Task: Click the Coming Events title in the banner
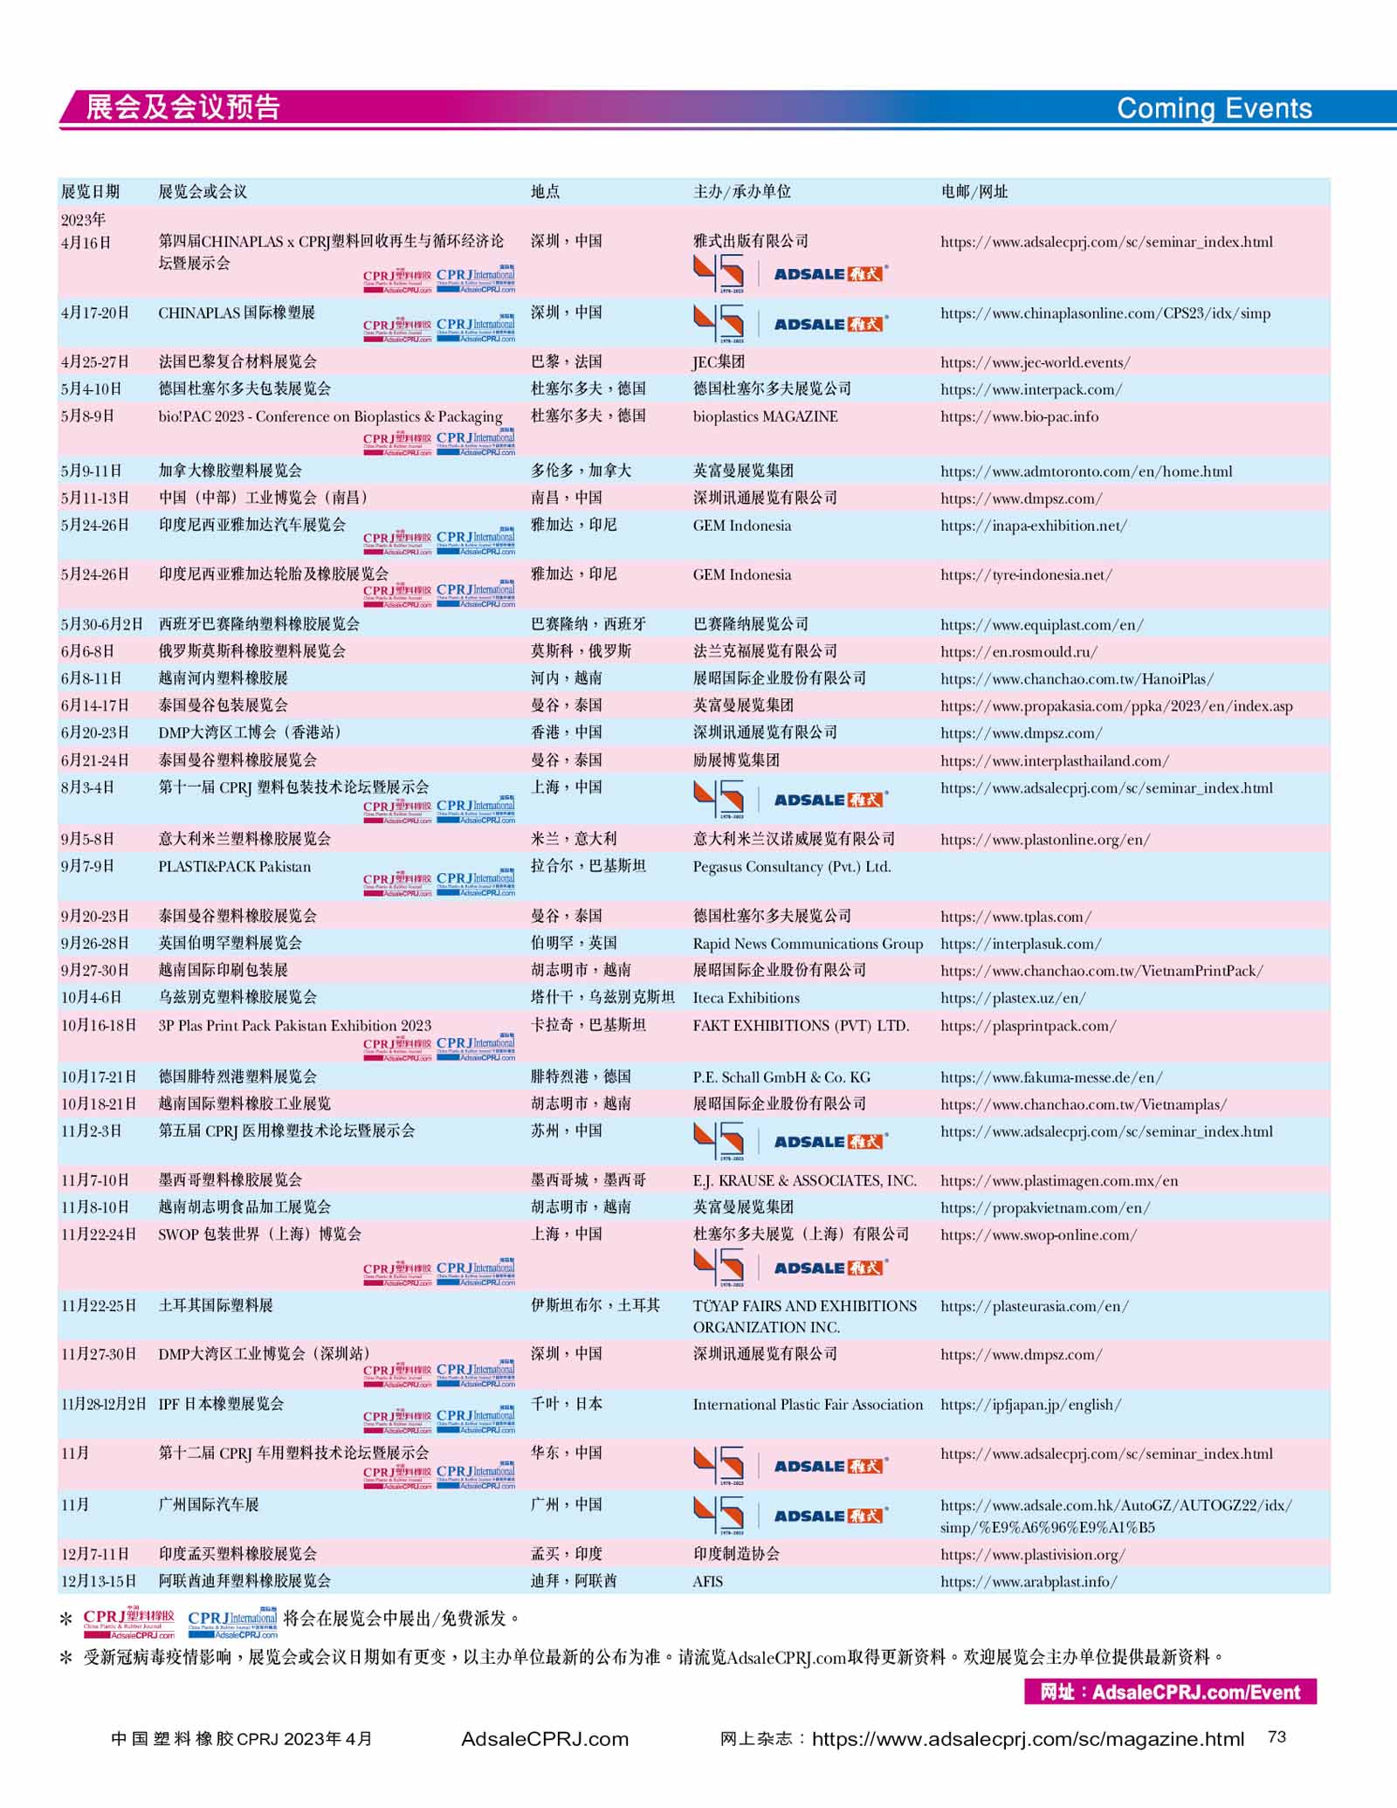coord(1214,108)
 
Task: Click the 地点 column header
coord(545,191)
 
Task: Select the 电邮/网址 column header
coord(974,191)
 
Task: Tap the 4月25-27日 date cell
coord(94,361)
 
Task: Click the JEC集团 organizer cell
coord(719,361)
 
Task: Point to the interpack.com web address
coord(1031,389)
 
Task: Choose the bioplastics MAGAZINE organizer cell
coord(765,416)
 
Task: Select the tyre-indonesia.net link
coord(1026,574)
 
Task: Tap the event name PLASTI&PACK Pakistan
coord(234,867)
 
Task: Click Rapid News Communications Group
coord(808,944)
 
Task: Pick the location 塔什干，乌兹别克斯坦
coord(602,997)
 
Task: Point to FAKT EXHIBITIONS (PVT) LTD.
coord(801,1026)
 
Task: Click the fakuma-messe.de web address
coord(1051,1077)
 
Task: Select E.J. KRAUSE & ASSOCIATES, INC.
coord(804,1180)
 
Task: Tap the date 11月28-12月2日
coord(104,1404)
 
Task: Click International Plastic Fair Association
coord(808,1405)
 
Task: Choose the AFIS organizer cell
coord(707,1581)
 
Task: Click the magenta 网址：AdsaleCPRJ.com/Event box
coord(1170,1692)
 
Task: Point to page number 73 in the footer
coord(1277,1736)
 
